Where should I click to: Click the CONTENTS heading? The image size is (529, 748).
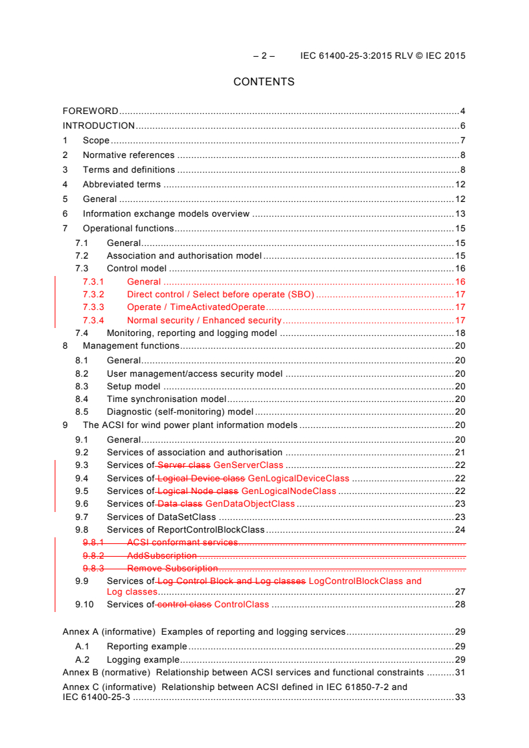[x=263, y=82]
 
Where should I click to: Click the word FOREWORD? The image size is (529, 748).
[x=90, y=111]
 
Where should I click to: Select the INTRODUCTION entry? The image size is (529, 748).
[x=99, y=126]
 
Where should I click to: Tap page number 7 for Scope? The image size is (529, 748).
[x=462, y=141]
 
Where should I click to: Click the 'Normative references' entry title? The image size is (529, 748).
[x=128, y=155]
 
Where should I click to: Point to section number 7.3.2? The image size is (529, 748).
[x=93, y=295]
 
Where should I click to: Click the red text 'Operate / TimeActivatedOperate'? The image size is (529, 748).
[x=195, y=307]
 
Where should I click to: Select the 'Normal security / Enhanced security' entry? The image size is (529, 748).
[x=204, y=321]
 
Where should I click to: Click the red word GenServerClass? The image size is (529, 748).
[x=247, y=465]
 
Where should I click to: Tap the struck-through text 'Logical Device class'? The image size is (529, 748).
[x=201, y=479]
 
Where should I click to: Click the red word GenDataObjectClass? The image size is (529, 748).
[x=249, y=504]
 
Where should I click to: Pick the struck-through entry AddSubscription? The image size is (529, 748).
[x=161, y=555]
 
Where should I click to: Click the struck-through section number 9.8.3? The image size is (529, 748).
[x=93, y=569]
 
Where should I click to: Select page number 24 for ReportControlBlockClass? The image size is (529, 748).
[x=460, y=530]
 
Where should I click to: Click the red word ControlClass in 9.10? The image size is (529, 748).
[x=241, y=605]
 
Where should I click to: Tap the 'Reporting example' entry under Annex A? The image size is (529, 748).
[x=147, y=647]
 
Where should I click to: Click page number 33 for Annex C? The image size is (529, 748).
[x=460, y=697]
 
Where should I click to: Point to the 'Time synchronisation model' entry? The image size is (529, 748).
[x=166, y=399]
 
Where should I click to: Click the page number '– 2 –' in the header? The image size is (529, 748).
[x=263, y=56]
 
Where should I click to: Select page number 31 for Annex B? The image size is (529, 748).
[x=460, y=673]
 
